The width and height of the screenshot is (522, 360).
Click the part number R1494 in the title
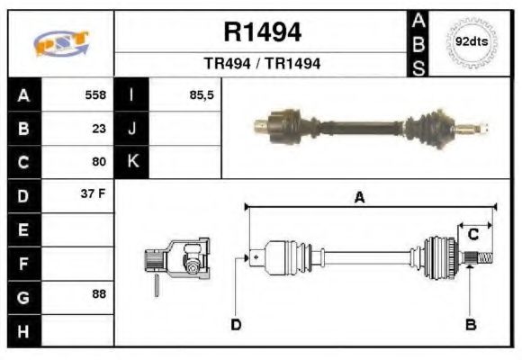262,33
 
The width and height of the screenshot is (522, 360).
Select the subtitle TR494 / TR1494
262,65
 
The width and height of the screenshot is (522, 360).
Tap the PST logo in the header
60,42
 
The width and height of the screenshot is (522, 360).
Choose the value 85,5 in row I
202,94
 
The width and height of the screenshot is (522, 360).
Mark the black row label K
132,162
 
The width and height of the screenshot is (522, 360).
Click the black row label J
132,129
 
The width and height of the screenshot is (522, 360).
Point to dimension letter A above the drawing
358,199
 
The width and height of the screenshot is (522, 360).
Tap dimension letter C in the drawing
472,235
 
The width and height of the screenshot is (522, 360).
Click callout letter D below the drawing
236,324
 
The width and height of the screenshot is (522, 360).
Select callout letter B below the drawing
470,324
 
